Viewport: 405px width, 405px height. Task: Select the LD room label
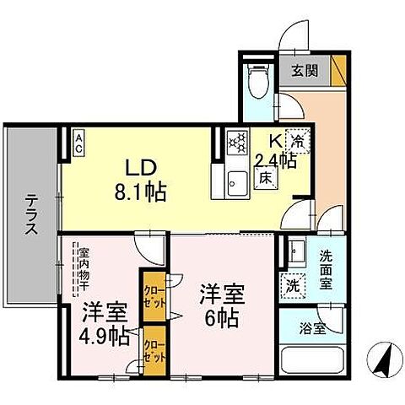click(x=142, y=165)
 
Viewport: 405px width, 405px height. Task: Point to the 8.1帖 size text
click(x=142, y=190)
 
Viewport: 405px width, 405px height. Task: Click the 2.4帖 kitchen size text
click(x=277, y=159)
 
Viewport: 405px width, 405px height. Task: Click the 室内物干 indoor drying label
click(x=84, y=264)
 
